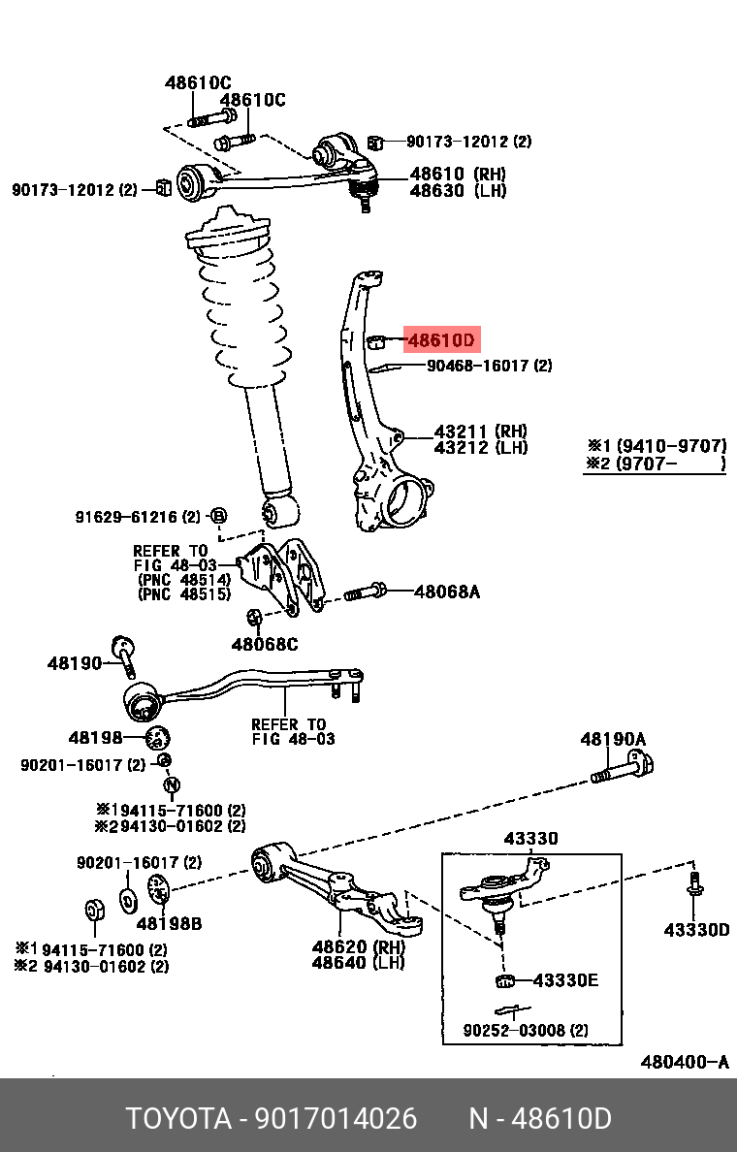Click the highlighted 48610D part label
pos(440,340)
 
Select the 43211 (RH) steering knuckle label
pos(480,431)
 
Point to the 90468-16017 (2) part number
pos(490,366)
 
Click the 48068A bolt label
pos(447,591)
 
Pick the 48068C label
pos(264,644)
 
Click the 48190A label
pos(613,739)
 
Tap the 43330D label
pos(696,930)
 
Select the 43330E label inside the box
pos(565,980)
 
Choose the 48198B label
pos(169,924)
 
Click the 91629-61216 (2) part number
pos(138,516)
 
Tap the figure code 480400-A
pos(684,1062)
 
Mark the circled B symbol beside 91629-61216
pos(218,515)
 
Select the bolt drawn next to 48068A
pos(366,591)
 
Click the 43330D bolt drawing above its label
pos(696,889)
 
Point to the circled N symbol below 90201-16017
pos(172,784)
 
